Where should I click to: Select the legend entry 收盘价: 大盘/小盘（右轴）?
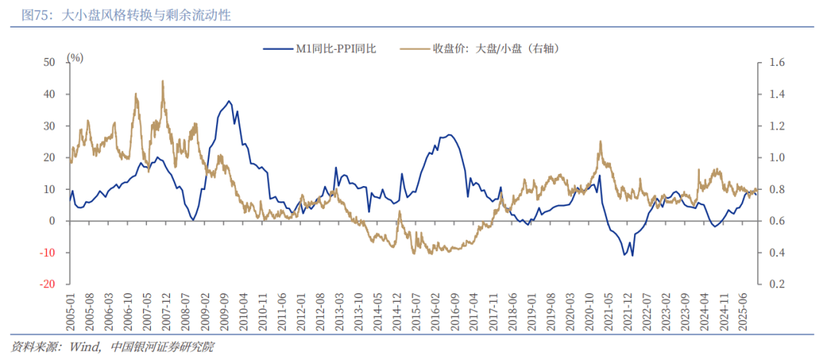[x=498, y=48]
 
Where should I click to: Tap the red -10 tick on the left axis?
[x=47, y=253]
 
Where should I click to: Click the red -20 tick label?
[x=47, y=284]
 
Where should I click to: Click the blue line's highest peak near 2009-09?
[x=228, y=100]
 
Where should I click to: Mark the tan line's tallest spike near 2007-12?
[x=162, y=80]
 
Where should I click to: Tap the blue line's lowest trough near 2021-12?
[x=632, y=256]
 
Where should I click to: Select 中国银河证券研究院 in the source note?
[x=162, y=347]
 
